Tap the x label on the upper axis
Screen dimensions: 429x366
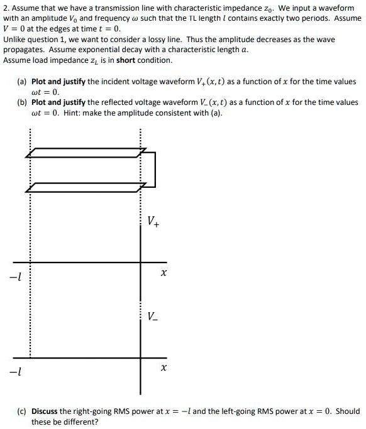click(163, 274)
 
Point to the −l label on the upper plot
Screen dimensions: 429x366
click(13, 276)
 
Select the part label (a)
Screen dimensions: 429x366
click(21, 82)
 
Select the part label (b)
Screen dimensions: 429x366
click(21, 102)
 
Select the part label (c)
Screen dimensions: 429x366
click(21, 411)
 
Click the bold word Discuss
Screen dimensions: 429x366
click(45, 411)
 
